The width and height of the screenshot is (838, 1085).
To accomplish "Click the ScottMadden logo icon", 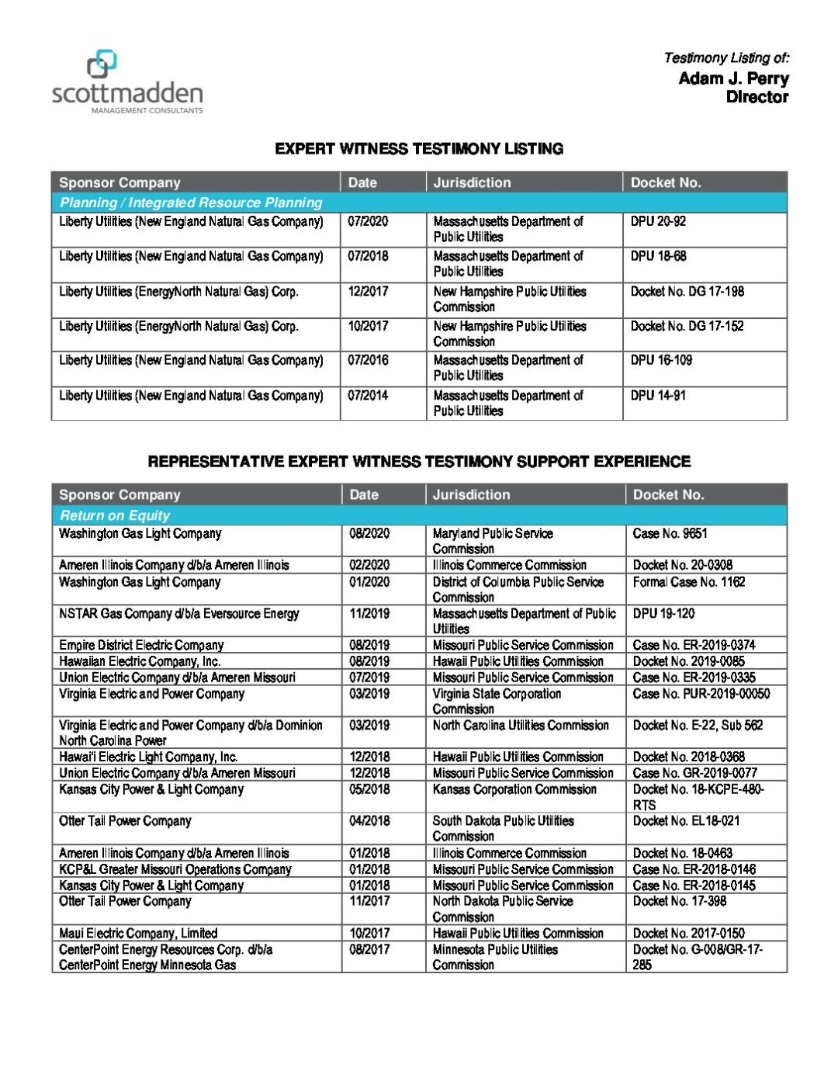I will tap(102, 64).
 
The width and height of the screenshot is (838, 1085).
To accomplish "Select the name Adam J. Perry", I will tap(733, 78).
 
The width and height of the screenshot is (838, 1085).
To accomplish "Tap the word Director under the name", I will tap(757, 97).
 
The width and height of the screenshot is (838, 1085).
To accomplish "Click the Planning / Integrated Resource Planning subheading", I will tap(191, 203).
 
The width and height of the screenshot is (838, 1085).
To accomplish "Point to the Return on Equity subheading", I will tap(115, 515).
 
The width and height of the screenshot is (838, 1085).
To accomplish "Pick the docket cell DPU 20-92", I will tap(658, 222).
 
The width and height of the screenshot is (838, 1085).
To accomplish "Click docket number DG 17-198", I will tap(687, 292).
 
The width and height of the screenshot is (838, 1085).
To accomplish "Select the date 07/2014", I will tap(368, 396).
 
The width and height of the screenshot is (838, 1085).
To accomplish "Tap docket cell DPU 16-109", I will tap(661, 361).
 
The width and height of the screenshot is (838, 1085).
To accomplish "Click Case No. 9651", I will tap(670, 534).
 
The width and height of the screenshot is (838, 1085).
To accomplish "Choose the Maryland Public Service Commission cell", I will tap(493, 541).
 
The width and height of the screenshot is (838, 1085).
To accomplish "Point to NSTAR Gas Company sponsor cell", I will tap(179, 614).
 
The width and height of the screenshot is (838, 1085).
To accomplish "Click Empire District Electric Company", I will tap(141, 646).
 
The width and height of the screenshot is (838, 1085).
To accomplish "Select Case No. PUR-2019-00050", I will tap(701, 694).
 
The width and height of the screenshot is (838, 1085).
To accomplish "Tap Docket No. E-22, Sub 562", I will tap(698, 726).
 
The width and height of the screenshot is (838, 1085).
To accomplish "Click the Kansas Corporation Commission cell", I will tap(514, 789).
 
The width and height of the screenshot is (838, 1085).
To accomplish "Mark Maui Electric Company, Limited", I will tap(138, 934).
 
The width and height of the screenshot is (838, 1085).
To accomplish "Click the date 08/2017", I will tap(369, 950).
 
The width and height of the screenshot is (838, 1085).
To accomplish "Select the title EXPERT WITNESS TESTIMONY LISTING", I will tap(419, 149).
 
